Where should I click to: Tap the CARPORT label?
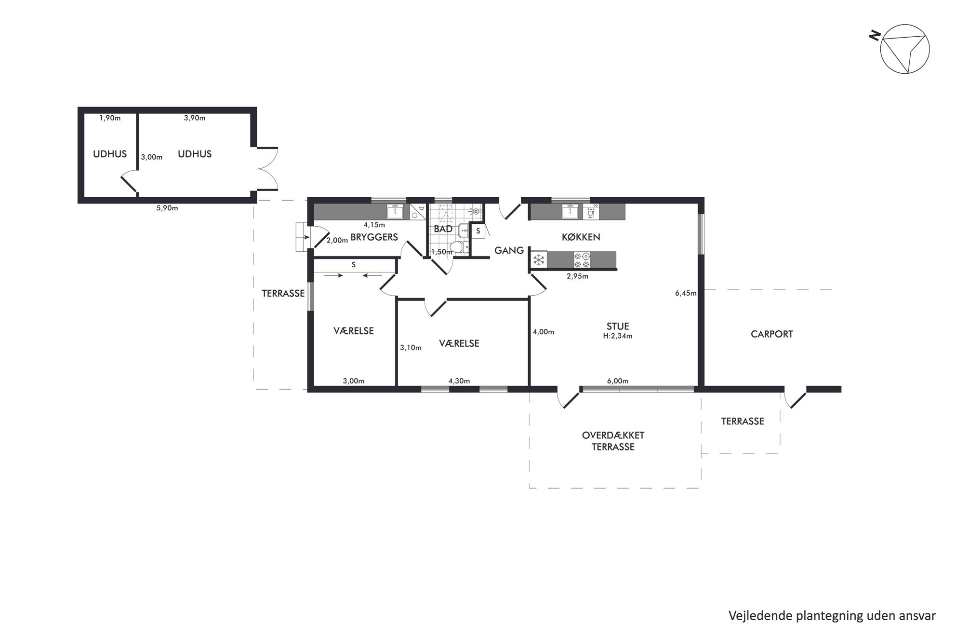pos(771,334)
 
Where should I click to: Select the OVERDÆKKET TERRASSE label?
pos(613,441)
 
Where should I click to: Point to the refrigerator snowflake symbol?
pos(539,260)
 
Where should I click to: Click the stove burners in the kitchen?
pos(582,260)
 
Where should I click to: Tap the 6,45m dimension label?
pos(686,293)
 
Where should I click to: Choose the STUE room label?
pos(618,326)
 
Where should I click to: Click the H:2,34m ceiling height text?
pos(618,336)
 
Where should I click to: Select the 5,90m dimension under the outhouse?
pos(167,208)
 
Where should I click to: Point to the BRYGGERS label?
pos(374,237)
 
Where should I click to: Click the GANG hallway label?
pos(509,250)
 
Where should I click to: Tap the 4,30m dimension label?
pos(459,381)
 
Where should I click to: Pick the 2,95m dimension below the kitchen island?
pos(577,276)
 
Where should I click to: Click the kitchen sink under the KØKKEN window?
pos(571,212)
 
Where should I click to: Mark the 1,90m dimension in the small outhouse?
pos(110,118)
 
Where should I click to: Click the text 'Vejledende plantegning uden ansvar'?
pos(832,616)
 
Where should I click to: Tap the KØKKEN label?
pos(581,237)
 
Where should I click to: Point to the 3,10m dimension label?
pos(411,348)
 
